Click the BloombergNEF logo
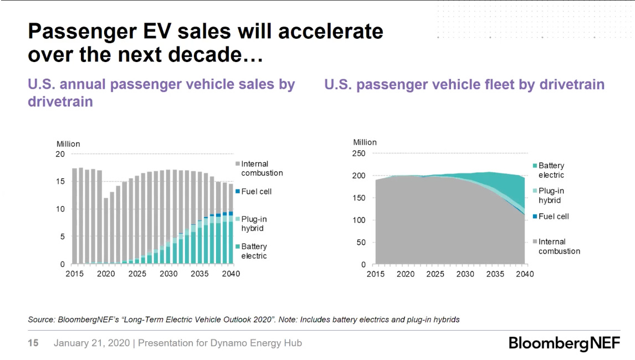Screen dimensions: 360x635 564,343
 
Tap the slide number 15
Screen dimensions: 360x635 33,343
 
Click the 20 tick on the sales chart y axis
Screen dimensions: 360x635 60,154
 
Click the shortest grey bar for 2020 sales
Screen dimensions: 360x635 106,230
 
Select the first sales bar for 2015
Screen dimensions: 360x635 75,216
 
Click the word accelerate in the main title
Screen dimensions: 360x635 330,32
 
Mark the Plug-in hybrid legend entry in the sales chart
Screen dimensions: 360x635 254,224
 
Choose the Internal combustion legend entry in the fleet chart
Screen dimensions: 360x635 558,246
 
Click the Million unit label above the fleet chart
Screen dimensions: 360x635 365,142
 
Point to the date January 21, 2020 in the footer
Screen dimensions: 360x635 91,343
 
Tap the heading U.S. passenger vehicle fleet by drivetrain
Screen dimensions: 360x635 464,85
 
